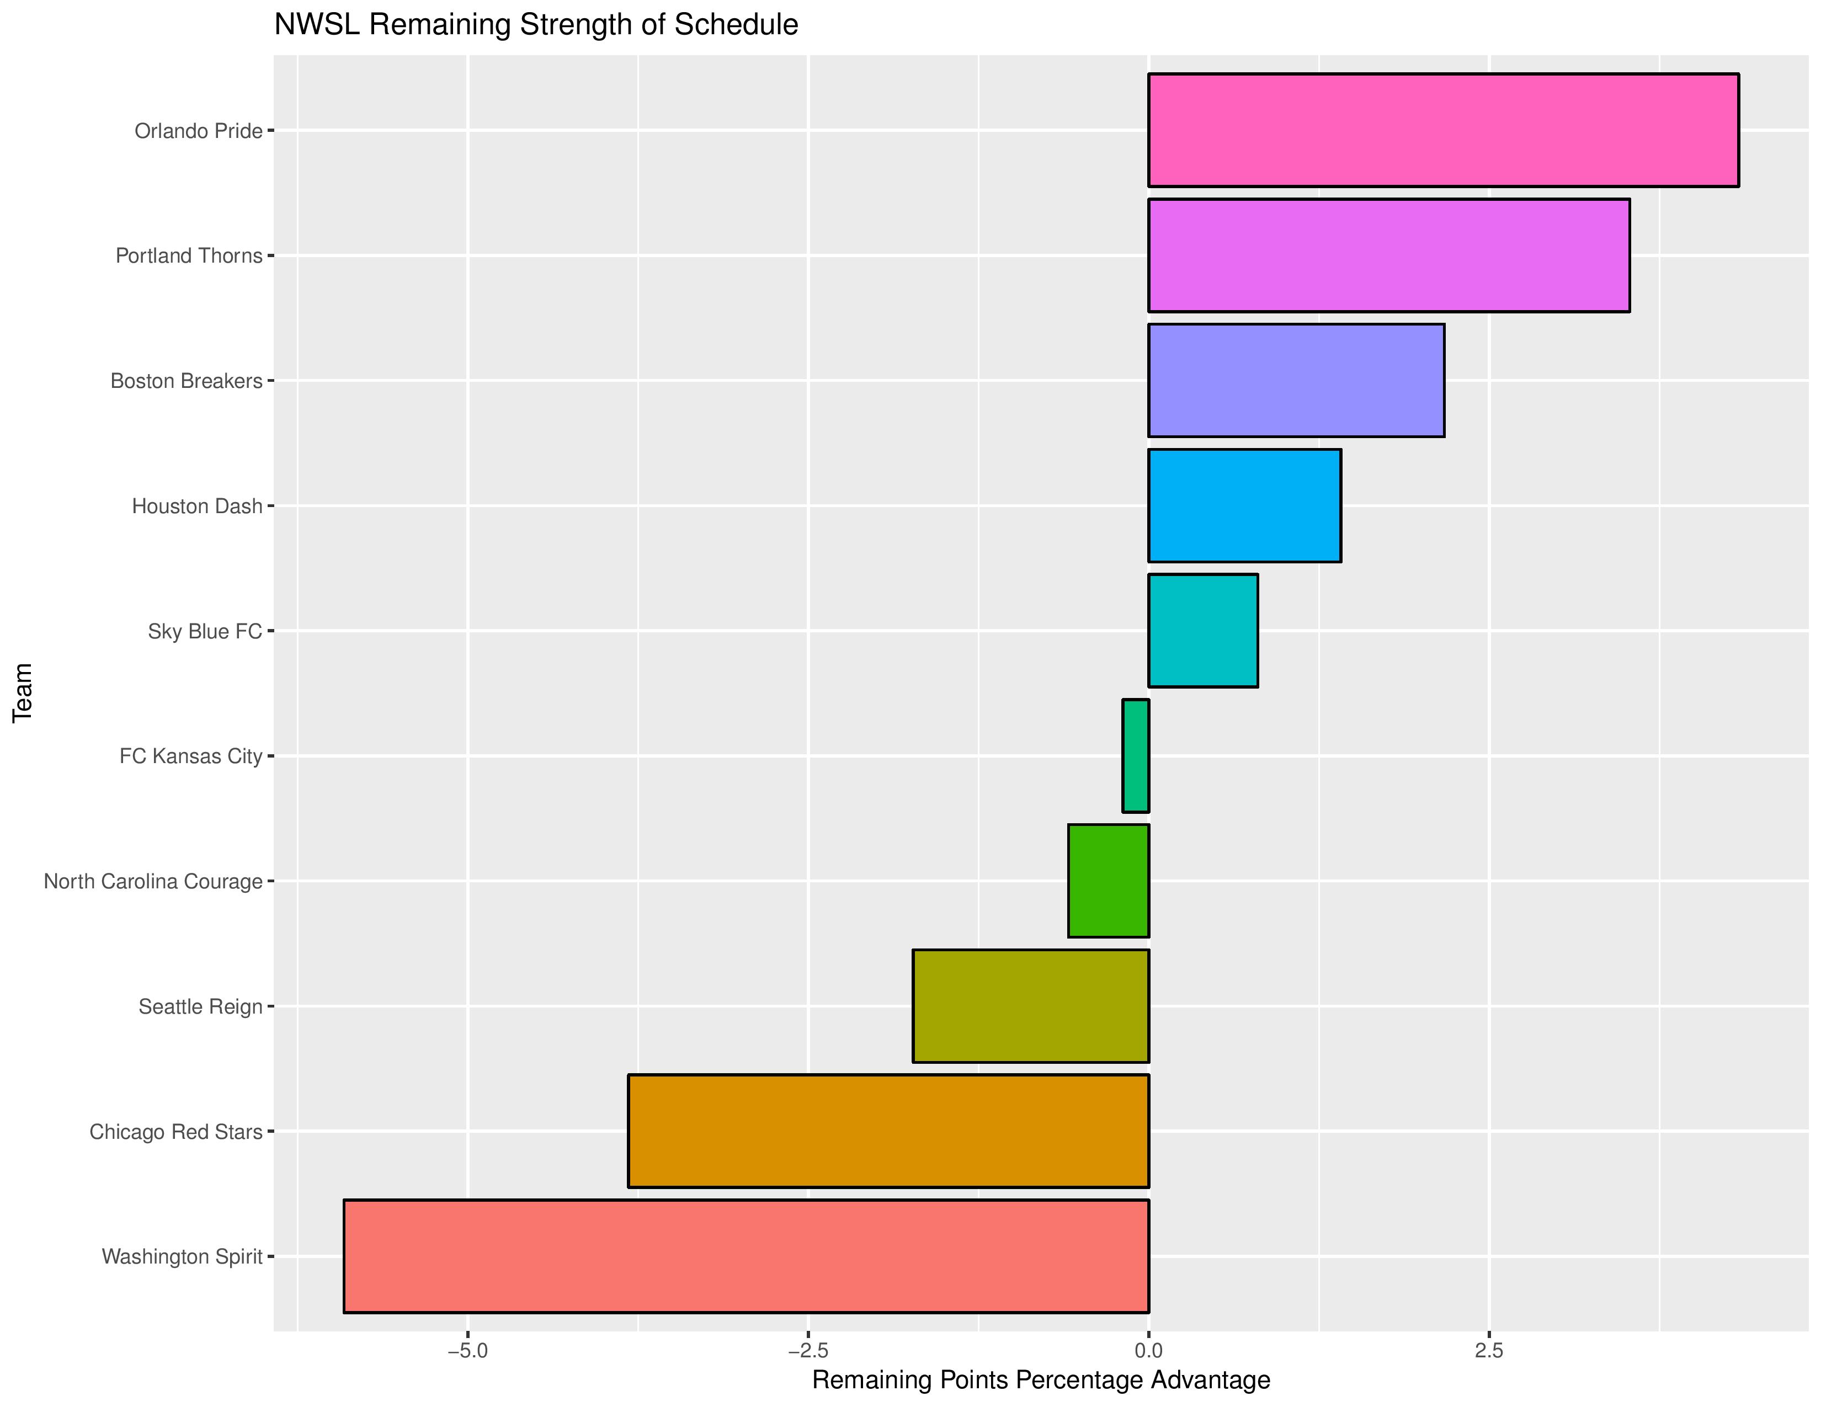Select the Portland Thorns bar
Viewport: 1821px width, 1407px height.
coord(1388,255)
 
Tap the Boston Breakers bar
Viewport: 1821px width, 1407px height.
coord(1296,380)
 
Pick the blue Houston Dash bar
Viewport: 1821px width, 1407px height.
coord(1244,505)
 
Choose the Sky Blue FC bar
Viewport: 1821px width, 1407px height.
coord(1202,630)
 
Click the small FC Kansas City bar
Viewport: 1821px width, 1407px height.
coord(1136,755)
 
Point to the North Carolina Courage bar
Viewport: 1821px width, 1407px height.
coord(1108,880)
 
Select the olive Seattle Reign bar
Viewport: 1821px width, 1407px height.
coord(1031,1005)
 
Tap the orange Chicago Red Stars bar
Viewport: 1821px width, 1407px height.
coord(888,1130)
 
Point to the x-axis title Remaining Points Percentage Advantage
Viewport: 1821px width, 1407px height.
coord(1041,1379)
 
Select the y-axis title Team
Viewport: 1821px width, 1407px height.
coord(23,692)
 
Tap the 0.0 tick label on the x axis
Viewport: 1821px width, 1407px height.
coord(1148,1350)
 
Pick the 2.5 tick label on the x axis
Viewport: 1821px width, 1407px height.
coord(1488,1350)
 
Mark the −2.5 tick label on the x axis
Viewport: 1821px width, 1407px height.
coord(807,1350)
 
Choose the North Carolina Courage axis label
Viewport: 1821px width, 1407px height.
coord(153,881)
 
